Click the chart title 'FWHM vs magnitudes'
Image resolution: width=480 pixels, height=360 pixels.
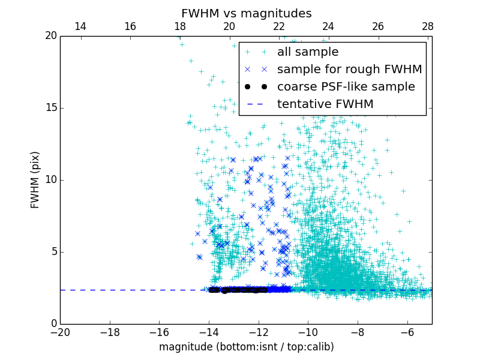click(x=246, y=13)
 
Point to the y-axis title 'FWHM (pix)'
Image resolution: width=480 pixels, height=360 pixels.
click(x=35, y=179)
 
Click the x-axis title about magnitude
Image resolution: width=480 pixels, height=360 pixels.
click(x=246, y=347)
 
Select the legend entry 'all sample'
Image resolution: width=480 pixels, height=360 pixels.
click(x=308, y=52)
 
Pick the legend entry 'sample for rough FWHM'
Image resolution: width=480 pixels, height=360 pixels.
click(x=349, y=70)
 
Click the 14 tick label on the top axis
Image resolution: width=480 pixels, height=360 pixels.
click(x=80, y=26)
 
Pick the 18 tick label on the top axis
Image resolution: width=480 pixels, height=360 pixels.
click(x=179, y=26)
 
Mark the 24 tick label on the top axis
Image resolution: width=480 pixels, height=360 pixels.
click(x=328, y=26)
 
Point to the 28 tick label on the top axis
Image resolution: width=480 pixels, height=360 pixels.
click(x=427, y=26)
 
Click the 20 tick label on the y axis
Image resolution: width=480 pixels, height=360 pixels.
click(x=50, y=36)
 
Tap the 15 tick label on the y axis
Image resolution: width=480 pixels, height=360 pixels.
click(x=50, y=108)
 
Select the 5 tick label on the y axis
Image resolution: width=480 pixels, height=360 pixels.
click(x=53, y=252)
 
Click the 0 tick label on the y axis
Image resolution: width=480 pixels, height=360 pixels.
click(x=53, y=324)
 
